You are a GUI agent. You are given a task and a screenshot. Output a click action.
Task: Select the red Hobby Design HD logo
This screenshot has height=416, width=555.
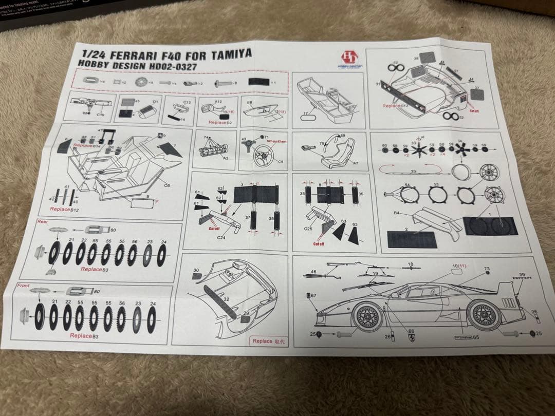coord(350,58)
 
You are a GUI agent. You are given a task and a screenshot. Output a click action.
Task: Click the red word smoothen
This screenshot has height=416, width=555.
coord(276,141)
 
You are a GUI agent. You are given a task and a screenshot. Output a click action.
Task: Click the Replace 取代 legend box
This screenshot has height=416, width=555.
coord(270,341)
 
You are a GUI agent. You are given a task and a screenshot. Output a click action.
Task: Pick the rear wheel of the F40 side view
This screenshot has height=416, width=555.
coord(484,314)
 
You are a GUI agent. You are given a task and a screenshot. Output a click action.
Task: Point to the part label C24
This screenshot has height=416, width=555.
coord(221,238)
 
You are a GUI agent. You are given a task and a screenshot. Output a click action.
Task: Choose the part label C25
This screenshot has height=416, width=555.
coord(308,228)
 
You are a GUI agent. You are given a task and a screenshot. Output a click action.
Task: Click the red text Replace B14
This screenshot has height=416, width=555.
coord(86,145)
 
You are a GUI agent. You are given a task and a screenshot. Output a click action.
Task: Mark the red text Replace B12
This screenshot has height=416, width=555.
coord(65,210)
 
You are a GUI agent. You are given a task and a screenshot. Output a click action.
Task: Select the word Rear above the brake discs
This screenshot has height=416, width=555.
coord(43,221)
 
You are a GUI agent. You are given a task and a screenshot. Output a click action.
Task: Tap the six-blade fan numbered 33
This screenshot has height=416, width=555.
coord(416,152)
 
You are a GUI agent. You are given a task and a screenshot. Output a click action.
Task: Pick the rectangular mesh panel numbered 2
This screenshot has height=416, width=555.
coord(412,239)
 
